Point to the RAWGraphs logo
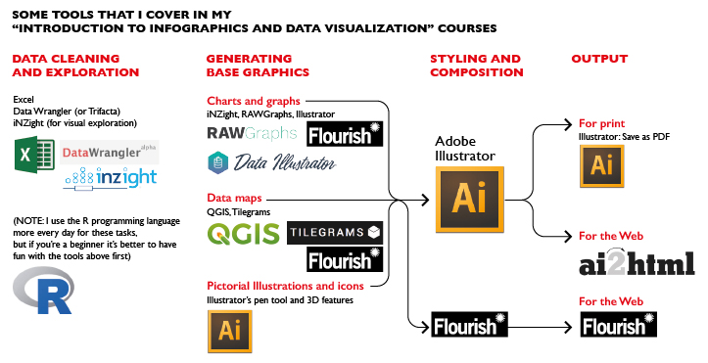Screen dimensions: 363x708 (x=252, y=132)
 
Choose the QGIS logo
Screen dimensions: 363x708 (x=243, y=234)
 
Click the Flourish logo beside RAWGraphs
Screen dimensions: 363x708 (x=345, y=134)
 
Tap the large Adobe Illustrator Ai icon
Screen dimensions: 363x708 (x=468, y=200)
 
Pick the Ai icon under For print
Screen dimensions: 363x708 (x=603, y=165)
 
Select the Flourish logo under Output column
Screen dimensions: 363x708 (x=614, y=325)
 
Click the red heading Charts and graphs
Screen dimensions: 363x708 (x=253, y=102)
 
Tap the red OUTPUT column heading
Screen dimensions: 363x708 (x=599, y=59)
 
